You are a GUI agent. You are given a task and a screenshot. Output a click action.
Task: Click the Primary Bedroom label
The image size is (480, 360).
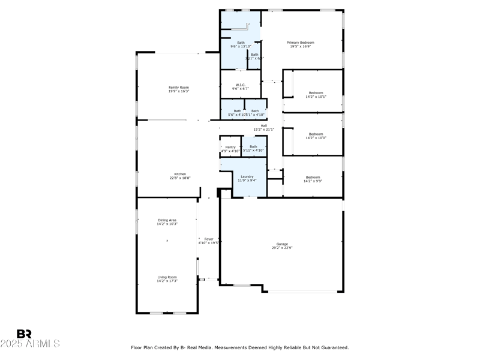(300, 43)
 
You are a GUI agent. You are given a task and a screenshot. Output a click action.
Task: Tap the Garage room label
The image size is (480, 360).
(282, 244)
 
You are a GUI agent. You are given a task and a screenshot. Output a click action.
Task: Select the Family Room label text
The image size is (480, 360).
(178, 88)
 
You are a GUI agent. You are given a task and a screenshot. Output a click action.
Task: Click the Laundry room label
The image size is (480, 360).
(247, 176)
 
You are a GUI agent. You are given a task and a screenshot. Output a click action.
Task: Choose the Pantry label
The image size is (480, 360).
(230, 147)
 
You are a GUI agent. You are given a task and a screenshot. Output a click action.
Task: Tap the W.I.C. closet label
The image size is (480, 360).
(241, 85)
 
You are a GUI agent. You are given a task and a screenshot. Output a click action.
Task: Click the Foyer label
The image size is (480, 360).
(209, 239)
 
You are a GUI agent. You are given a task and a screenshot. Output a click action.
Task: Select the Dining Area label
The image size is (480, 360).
(167, 220)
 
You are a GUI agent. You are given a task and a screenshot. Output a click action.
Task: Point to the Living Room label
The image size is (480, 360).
(167, 277)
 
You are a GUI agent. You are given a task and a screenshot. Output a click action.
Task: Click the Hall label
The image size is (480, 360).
(263, 125)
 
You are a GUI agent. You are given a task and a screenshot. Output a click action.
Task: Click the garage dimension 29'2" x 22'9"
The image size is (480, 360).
(282, 247)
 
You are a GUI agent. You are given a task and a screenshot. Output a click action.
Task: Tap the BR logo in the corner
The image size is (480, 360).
(24, 334)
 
